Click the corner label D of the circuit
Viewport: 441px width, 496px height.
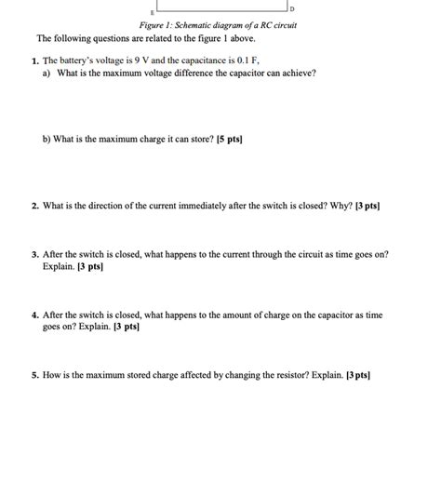coord(291,8)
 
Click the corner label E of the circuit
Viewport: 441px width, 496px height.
coord(140,12)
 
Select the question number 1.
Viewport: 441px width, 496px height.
coord(33,60)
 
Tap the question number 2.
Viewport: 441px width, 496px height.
coord(33,200)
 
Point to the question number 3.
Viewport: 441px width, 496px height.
coord(33,253)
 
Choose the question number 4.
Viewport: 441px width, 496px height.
coord(33,315)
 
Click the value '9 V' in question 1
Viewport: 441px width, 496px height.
coord(164,60)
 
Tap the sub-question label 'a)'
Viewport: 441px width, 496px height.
coord(47,72)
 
